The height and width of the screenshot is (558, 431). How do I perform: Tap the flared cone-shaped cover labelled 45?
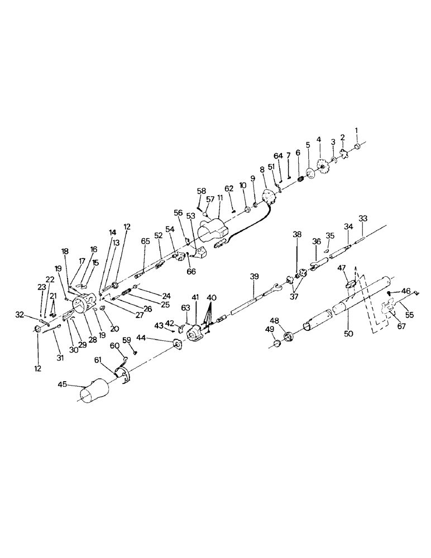tap(94, 390)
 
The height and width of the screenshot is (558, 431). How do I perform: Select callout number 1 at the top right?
tap(357, 132)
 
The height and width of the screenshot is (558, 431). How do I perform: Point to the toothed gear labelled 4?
tap(322, 166)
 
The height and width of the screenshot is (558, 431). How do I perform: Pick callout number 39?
tap(254, 277)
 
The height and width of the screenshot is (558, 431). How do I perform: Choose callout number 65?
tap(145, 241)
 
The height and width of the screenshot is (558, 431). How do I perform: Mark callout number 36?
tap(316, 241)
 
